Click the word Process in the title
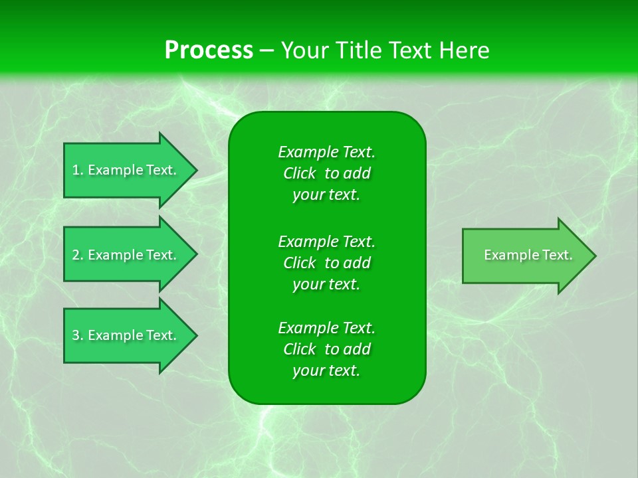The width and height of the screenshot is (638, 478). (209, 50)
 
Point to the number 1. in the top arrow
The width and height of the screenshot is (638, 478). (78, 170)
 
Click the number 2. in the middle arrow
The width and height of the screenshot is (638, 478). (78, 255)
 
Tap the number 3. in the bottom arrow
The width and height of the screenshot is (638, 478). (78, 335)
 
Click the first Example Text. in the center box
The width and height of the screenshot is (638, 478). (326, 152)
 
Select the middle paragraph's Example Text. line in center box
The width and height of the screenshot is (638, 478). (326, 241)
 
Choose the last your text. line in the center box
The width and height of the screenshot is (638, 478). (326, 371)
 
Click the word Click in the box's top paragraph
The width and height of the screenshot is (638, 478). (299, 173)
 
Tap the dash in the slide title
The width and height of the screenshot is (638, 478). (266, 50)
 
